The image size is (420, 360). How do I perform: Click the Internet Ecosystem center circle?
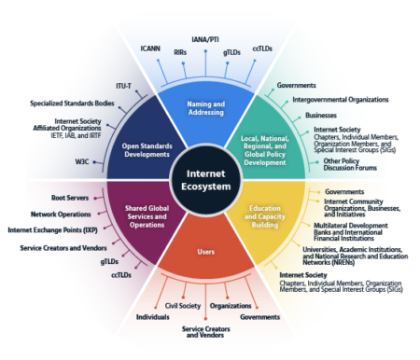click(205, 180)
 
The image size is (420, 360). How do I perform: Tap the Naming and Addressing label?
click(206, 108)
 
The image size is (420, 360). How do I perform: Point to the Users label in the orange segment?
click(205, 252)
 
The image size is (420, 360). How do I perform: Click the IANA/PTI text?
click(204, 40)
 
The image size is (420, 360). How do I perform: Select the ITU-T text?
click(123, 85)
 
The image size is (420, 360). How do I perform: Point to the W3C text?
click(82, 161)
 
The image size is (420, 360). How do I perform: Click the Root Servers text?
click(69, 198)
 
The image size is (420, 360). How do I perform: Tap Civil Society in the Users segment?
click(183, 305)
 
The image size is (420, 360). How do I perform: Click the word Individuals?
click(152, 317)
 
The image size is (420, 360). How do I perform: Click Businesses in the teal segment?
click(320, 115)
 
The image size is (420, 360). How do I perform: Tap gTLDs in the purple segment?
click(108, 261)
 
